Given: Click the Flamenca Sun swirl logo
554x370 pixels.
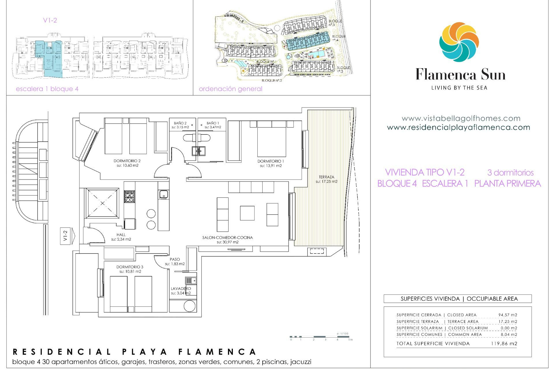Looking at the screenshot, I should [459, 42].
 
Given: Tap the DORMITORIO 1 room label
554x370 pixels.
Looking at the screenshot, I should [271, 161].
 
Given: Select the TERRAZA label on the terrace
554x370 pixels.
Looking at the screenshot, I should [326, 177].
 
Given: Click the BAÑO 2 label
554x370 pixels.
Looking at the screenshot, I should [180, 123].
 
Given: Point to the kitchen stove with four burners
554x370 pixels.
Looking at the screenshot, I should [129, 197].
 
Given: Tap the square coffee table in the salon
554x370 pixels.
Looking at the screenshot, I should [247, 213].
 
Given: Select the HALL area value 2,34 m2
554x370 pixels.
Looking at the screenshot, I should [121, 239].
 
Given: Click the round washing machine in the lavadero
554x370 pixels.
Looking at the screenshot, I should [189, 306].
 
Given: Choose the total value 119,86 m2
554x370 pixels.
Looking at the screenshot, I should [504, 344].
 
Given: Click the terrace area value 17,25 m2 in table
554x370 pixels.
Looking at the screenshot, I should [508, 321].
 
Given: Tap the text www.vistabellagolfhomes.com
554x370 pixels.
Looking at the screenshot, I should [461, 119].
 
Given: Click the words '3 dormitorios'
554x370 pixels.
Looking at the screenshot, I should [510, 173].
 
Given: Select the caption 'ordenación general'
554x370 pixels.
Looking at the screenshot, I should [230, 89].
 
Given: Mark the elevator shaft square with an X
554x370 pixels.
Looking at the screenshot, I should [102, 203].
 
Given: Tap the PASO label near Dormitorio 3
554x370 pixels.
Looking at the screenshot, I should [175, 259].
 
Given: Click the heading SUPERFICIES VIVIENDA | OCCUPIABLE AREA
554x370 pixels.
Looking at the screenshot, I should [459, 299].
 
